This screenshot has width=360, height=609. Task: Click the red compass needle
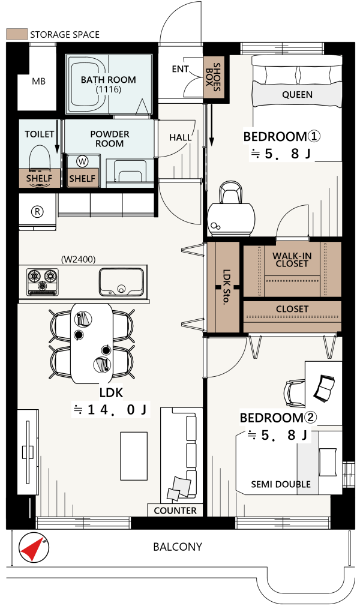click(x=32, y=548)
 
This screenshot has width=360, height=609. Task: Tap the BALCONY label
click(x=178, y=547)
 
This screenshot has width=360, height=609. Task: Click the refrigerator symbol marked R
click(x=37, y=212)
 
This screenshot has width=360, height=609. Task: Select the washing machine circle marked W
click(x=82, y=161)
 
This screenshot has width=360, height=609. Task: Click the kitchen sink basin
click(x=121, y=281)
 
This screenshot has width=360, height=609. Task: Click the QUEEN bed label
click(x=297, y=94)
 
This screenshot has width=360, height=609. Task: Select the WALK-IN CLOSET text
click(x=292, y=259)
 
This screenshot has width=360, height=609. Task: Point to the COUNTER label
click(x=175, y=511)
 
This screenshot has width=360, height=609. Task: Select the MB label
click(x=38, y=81)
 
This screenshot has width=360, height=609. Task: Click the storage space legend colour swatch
click(x=17, y=34)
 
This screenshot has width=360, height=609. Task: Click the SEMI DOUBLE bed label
click(x=281, y=484)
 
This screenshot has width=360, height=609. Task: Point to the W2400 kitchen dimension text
click(x=79, y=259)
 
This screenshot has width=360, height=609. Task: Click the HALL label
click(x=180, y=137)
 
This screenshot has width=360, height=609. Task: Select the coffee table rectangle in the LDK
click(x=134, y=457)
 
